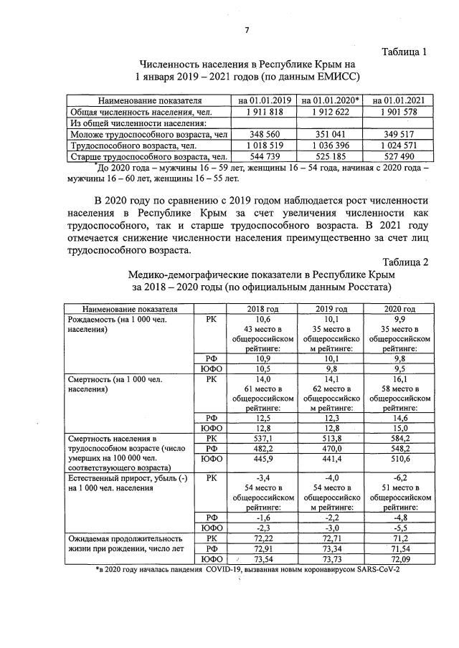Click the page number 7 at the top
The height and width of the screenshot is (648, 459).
pyautogui.click(x=247, y=29)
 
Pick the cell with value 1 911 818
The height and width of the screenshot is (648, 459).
pyautogui.click(x=264, y=112)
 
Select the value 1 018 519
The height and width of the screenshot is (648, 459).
pyautogui.click(x=264, y=145)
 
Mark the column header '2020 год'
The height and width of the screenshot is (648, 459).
pyautogui.click(x=396, y=308)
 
